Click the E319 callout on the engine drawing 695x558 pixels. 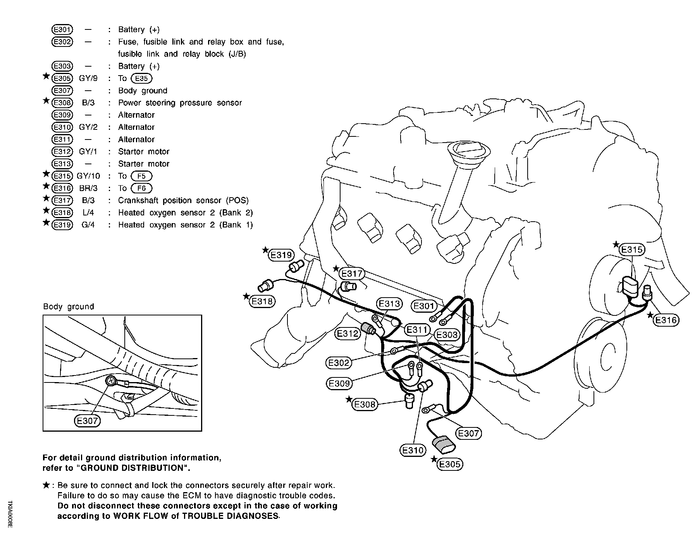click(281, 255)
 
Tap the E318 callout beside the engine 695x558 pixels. click(262, 301)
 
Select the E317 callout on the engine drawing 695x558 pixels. click(351, 274)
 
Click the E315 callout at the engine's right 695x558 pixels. click(631, 250)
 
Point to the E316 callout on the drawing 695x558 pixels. click(666, 320)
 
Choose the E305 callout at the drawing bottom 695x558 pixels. click(450, 464)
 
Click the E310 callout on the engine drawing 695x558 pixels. click(413, 450)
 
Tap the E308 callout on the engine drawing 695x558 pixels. click(365, 405)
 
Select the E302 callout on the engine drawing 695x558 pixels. click(339, 363)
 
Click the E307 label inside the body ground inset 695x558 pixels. click(87, 421)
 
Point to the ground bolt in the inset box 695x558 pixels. click(111, 381)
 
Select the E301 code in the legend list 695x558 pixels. click(62, 29)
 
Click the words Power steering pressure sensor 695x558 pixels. click(180, 103)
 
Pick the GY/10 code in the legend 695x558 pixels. click(88, 176)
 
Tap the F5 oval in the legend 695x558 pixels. click(141, 176)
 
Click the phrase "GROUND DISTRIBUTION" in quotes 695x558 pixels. click(134, 468)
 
